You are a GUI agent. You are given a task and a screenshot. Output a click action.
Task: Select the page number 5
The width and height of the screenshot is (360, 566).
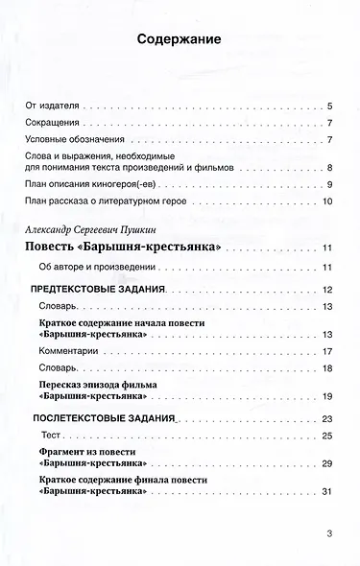(329, 106)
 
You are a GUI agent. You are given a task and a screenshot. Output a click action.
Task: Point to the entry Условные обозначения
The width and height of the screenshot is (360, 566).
(73, 142)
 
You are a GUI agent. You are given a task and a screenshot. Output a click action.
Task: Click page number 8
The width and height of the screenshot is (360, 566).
(329, 167)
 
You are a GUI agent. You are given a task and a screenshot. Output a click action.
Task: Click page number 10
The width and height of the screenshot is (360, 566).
(326, 201)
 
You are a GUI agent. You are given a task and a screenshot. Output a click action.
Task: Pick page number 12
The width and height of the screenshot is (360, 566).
(326, 290)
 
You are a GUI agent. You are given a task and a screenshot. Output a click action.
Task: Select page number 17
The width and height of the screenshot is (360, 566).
(326, 352)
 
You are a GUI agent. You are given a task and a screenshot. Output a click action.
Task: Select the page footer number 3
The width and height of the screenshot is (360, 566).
(329, 533)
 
